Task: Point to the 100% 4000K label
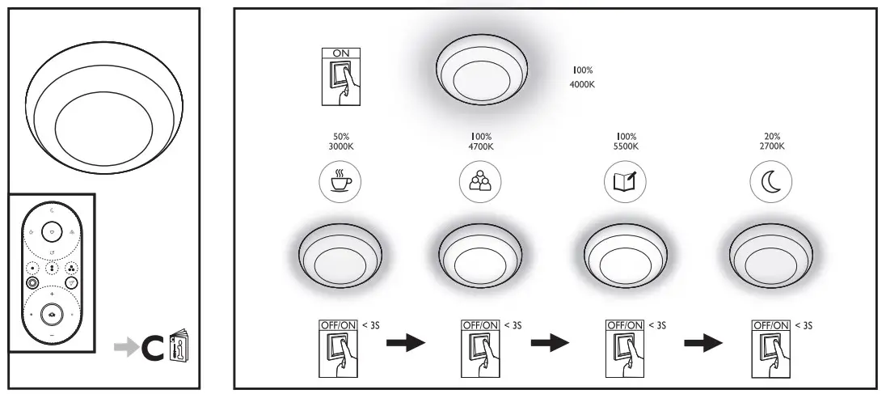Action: [x=582, y=78]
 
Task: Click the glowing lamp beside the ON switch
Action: [x=482, y=73]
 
